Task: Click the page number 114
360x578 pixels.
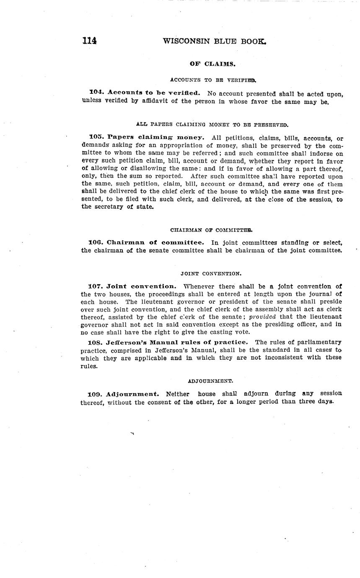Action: [x=89, y=41]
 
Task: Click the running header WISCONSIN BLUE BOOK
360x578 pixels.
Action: [x=214, y=41]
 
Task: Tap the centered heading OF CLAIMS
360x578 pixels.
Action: [x=212, y=64]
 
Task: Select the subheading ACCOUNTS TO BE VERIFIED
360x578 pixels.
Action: [x=213, y=80]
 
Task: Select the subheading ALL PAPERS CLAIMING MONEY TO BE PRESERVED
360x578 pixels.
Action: [x=212, y=124]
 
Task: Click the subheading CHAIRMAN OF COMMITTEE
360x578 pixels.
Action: [x=211, y=230]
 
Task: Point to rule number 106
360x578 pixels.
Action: [x=96, y=243]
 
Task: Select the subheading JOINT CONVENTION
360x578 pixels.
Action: [x=211, y=274]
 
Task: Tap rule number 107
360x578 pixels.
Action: [x=96, y=286]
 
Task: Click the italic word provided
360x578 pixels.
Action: [x=262, y=317]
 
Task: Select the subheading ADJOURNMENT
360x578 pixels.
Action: [x=210, y=381]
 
